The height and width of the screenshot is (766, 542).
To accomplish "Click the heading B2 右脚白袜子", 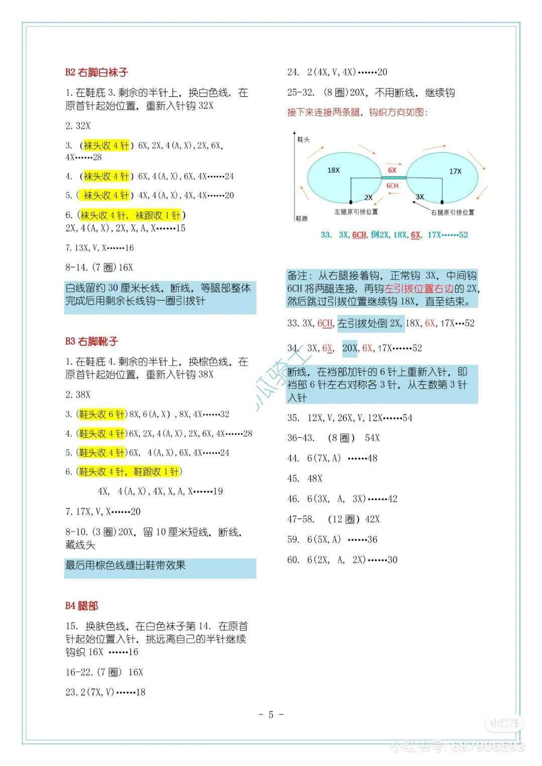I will point(96,72).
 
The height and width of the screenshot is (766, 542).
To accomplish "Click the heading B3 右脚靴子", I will point(91,341).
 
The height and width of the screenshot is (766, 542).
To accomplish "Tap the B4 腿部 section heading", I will point(81,606).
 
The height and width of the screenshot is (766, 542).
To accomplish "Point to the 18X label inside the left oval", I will point(333,170).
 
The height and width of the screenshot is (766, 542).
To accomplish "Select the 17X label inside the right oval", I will point(455,171).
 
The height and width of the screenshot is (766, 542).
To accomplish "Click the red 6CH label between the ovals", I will point(392,185).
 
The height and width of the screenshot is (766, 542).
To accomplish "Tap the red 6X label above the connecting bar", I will point(392,170).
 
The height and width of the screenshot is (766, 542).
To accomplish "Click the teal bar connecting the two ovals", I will point(393,177).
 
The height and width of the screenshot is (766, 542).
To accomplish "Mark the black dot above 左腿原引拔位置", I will point(352,204).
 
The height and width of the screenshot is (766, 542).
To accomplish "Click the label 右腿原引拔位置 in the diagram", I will point(452,213).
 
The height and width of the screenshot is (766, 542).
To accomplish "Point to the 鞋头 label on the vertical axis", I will point(304,139).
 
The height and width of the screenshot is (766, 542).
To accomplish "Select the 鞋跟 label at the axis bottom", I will point(302,219).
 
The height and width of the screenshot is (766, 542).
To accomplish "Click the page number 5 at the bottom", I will point(271,715).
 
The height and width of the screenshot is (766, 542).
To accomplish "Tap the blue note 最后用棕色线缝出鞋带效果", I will point(125,565).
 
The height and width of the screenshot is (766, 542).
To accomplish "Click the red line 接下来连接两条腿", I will point(357,112).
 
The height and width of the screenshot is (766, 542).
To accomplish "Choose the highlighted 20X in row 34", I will point(350,348).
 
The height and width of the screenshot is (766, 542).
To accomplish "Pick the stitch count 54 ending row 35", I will point(407,418).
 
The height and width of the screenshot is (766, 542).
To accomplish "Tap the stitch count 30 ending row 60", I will point(392,560).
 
